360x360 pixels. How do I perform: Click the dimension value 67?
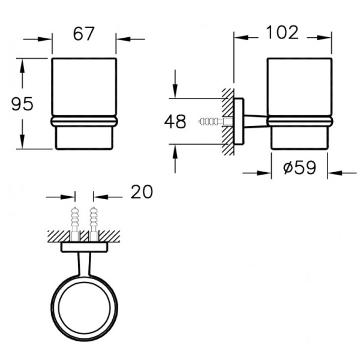(83, 34)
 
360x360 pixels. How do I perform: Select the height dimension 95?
(22, 104)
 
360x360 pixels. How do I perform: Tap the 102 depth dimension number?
(282, 32)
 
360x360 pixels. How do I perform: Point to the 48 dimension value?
(175, 121)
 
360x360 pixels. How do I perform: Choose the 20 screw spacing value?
(142, 192)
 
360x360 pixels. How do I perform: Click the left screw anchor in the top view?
(75, 223)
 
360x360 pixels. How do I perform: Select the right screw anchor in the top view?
(93, 223)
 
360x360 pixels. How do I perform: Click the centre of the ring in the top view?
(84, 309)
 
